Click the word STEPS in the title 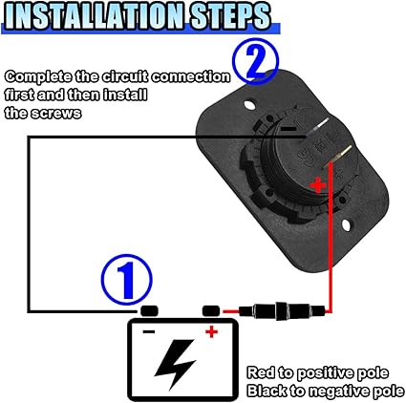click(x=231, y=16)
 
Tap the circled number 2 click(x=255, y=62)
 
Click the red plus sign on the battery click(x=211, y=332)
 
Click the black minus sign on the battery click(x=149, y=332)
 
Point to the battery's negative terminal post click(x=149, y=310)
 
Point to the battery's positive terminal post click(x=211, y=310)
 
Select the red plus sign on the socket click(x=318, y=185)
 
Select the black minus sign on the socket click(x=290, y=129)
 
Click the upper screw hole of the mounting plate click(x=250, y=105)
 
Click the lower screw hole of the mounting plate click(x=347, y=224)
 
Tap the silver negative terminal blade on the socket click(x=317, y=127)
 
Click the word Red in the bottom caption click(x=261, y=372)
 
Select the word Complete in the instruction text click(x=38, y=77)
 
